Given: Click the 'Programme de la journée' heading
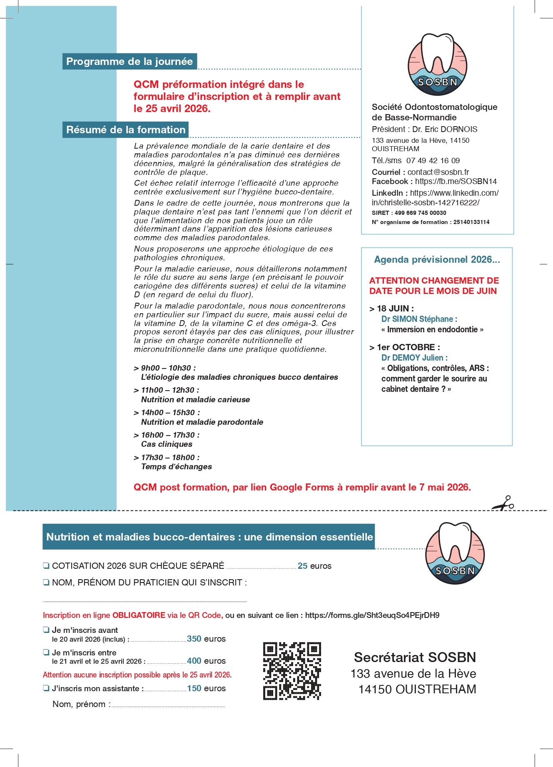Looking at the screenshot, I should point(130,62).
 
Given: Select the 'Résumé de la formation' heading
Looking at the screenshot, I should point(126,129).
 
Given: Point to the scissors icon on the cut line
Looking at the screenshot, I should point(503,503).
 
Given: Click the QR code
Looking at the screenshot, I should point(292,670).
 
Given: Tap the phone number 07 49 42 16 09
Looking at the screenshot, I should point(433,161).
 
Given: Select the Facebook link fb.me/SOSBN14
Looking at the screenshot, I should point(456,182).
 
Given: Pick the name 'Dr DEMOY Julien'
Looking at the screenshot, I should point(414,358).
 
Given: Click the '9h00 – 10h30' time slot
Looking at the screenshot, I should point(168,368).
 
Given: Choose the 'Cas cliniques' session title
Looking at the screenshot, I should point(167,444).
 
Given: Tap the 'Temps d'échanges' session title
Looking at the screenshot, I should point(176,467).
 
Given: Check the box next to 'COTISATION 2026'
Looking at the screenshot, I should point(46,565).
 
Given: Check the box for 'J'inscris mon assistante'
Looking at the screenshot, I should point(46,688).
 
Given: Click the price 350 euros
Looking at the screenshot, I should point(206,639).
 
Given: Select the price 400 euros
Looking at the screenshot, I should point(206,661).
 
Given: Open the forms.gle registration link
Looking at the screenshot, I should point(372,615).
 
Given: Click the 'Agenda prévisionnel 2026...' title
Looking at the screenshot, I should point(437,260).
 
